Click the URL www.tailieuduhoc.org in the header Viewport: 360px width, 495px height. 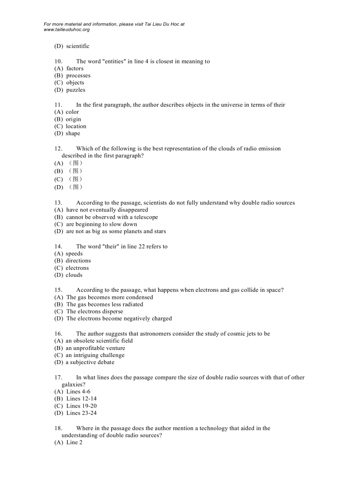point(67,30)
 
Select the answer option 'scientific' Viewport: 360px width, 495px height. point(78,46)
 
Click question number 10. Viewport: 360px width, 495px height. point(58,61)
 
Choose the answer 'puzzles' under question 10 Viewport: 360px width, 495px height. point(75,90)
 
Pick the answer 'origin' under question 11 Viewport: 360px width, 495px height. point(73,119)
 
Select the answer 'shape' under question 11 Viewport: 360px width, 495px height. point(73,134)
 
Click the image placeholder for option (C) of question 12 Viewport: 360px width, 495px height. point(75,179)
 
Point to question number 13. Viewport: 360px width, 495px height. point(58,203)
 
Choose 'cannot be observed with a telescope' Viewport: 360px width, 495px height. point(112,217)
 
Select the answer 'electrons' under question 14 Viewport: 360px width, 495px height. point(77,268)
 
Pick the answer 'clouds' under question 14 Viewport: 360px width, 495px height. point(74,275)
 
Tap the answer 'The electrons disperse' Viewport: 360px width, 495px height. point(94,312)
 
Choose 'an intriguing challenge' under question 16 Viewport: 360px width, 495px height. point(95,355)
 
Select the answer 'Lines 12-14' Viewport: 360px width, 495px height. point(81,398)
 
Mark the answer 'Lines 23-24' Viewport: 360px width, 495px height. point(81,413)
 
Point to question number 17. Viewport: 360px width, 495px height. point(58,377)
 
